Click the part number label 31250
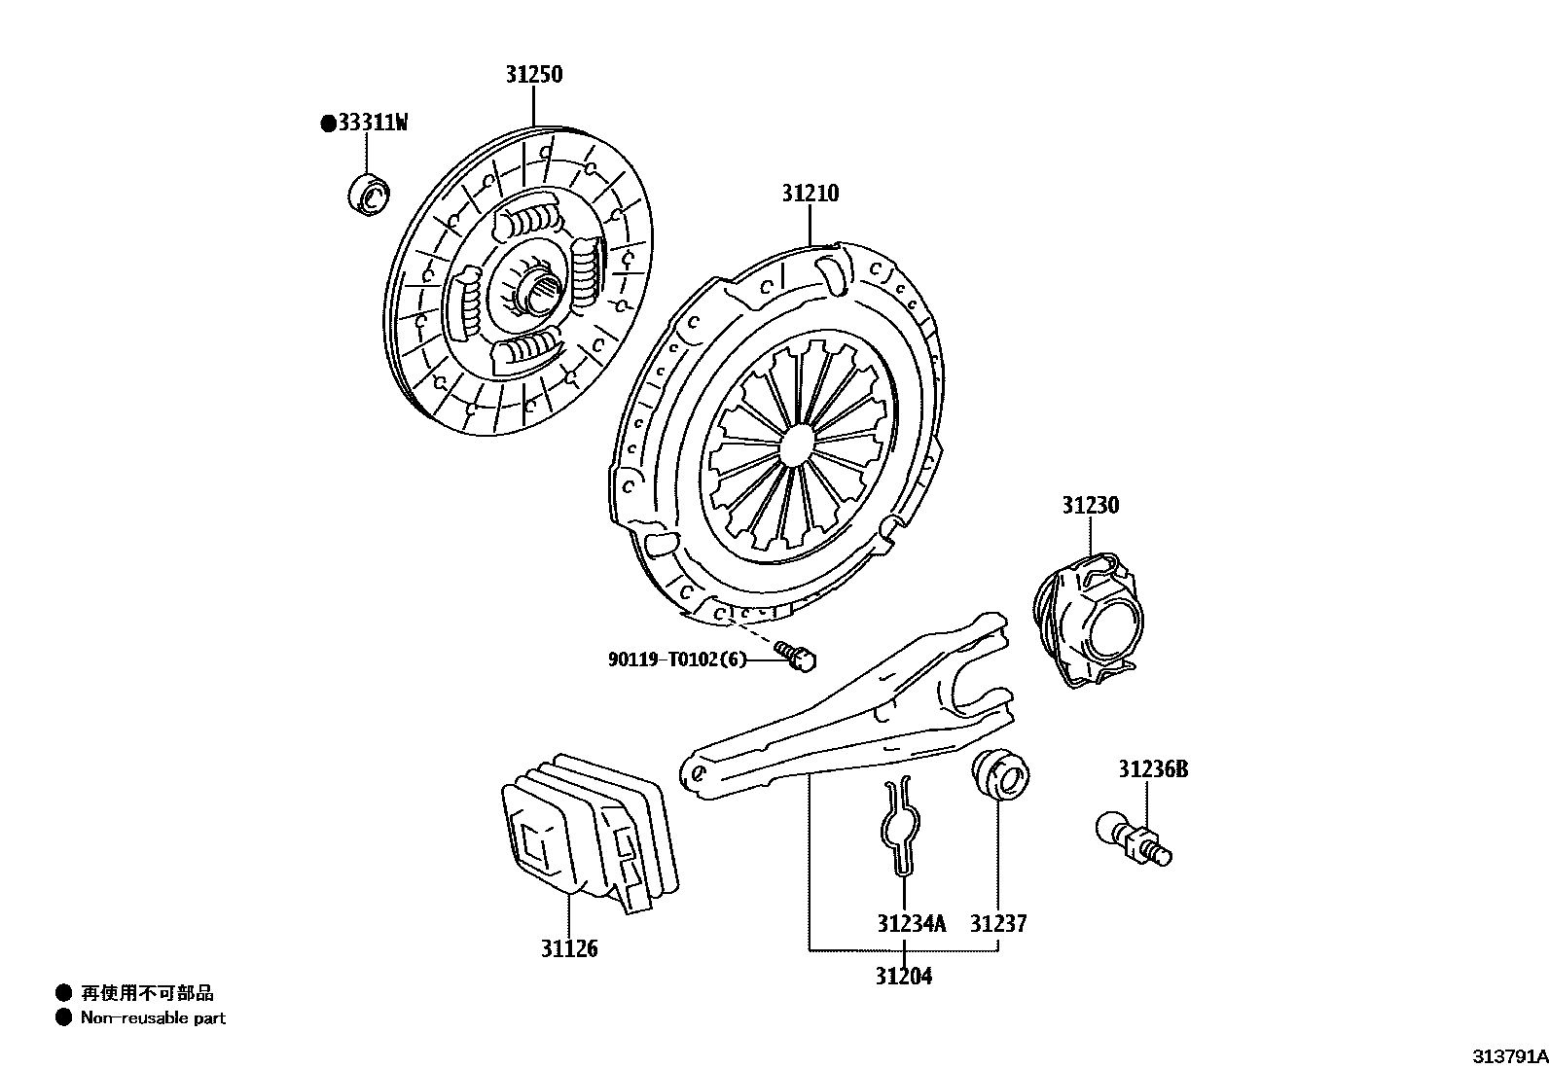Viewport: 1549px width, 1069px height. [x=533, y=75]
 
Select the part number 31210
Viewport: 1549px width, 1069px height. [x=810, y=194]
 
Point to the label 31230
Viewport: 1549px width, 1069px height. [x=1090, y=506]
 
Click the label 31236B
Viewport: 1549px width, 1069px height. [x=1152, y=769]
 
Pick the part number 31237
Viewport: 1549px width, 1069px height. [x=998, y=923]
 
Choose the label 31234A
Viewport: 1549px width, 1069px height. [x=911, y=923]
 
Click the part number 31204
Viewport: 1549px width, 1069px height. [x=903, y=976]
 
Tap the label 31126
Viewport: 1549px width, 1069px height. [x=569, y=948]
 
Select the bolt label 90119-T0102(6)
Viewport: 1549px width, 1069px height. [x=677, y=659]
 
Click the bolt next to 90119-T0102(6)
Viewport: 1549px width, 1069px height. [x=796, y=656]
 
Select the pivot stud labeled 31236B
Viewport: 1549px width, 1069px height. [x=1134, y=840]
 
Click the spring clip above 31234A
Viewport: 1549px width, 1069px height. [x=902, y=823]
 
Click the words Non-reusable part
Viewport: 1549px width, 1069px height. [x=153, y=1018]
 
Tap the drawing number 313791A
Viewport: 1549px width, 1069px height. [x=1508, y=1056]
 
